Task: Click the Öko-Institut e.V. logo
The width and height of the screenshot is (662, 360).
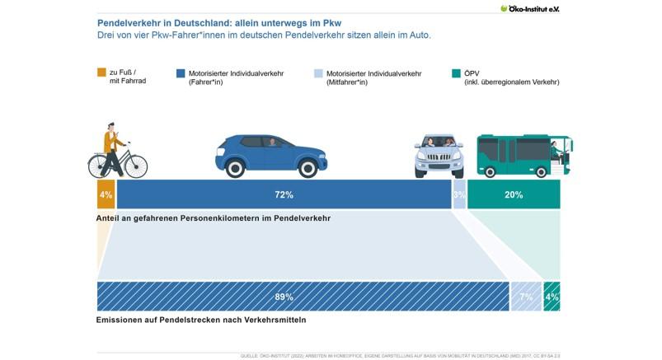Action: pyautogui.click(x=535, y=8)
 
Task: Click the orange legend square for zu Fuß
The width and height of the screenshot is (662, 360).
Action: pyautogui.click(x=101, y=72)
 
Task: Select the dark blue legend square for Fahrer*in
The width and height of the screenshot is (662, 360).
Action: pyautogui.click(x=181, y=72)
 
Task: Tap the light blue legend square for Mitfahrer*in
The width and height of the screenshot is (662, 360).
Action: pyautogui.click(x=319, y=72)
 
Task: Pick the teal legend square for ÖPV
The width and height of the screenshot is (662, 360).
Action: pyautogui.click(x=458, y=72)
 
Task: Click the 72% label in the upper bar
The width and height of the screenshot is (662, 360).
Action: pyautogui.click(x=284, y=195)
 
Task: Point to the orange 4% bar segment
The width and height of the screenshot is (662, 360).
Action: pyautogui.click(x=106, y=195)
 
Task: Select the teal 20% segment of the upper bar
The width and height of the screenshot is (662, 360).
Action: pyautogui.click(x=514, y=195)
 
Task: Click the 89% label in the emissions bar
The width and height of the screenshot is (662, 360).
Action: pyautogui.click(x=284, y=297)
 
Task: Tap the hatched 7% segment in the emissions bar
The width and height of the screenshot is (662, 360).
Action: pyautogui.click(x=525, y=297)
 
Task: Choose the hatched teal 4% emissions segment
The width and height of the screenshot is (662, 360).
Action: pyautogui.click(x=552, y=297)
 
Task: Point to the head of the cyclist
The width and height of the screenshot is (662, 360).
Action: pyautogui.click(x=110, y=129)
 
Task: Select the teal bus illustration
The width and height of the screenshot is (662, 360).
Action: pyautogui.click(x=523, y=155)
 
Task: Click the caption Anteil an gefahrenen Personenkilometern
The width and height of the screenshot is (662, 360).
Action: pyautogui.click(x=213, y=218)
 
